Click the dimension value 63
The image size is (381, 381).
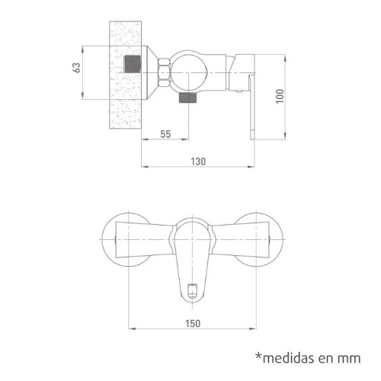(x=76, y=68)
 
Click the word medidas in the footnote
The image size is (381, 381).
(x=295, y=358)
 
